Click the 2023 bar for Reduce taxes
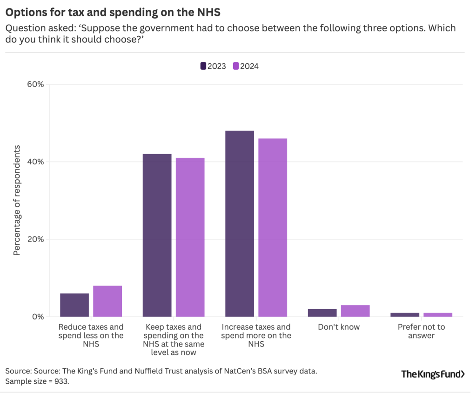(74, 305)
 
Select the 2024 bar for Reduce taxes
(107, 301)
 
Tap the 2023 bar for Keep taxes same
(157, 235)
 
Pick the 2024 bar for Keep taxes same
(190, 237)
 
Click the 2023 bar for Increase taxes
(240, 224)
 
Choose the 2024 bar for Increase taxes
(273, 227)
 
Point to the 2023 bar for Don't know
(322, 313)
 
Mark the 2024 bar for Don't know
(355, 311)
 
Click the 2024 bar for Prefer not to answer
(438, 315)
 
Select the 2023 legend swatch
(203, 66)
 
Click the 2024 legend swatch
(236, 66)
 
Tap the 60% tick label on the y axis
(35, 84)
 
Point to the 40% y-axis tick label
(35, 162)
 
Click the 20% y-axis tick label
(35, 239)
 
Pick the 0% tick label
(37, 317)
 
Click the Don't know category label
(339, 327)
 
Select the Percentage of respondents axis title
(17, 200)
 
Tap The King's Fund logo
(433, 374)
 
